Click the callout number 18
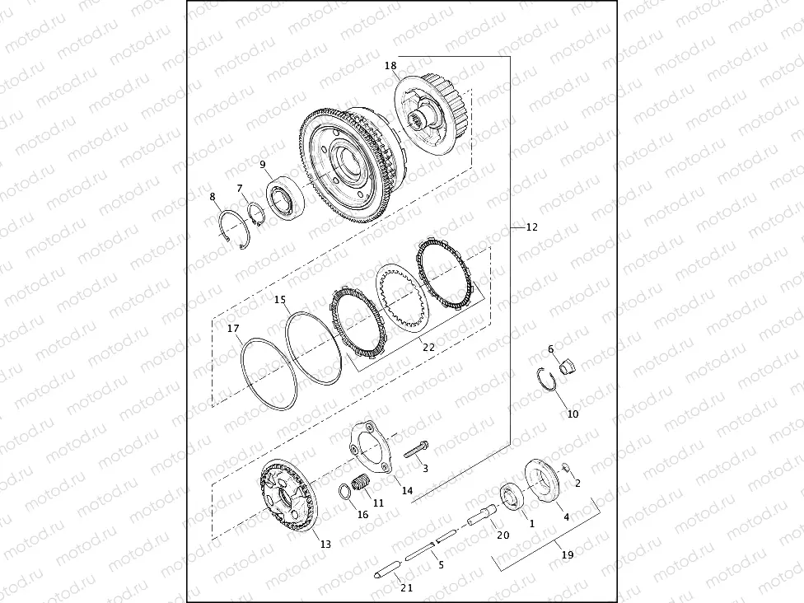390,65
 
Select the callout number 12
531,227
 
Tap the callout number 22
428,347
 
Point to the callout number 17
233,329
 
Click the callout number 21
406,587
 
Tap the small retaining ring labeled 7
255,216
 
